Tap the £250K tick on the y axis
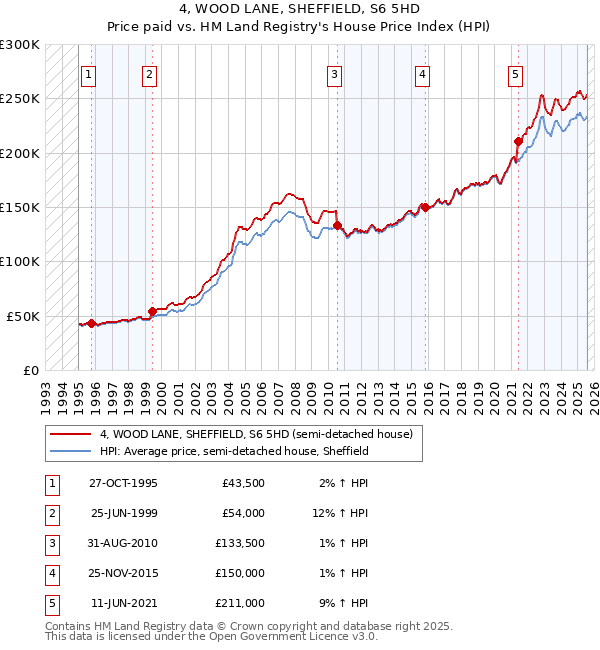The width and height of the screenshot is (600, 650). tap(20, 99)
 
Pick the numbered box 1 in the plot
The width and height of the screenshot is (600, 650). tap(89, 74)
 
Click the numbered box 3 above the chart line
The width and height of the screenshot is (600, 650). tap(334, 74)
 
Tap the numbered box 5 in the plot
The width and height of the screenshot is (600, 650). tap(515, 74)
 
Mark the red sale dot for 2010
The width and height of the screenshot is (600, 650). tap(338, 226)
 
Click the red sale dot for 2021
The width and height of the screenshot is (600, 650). tap(518, 141)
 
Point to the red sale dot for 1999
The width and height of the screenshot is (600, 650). tap(152, 311)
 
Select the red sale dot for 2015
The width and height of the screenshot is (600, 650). tap(425, 208)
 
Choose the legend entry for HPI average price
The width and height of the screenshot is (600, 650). tap(234, 451)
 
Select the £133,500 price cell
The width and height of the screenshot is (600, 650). tap(239, 543)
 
